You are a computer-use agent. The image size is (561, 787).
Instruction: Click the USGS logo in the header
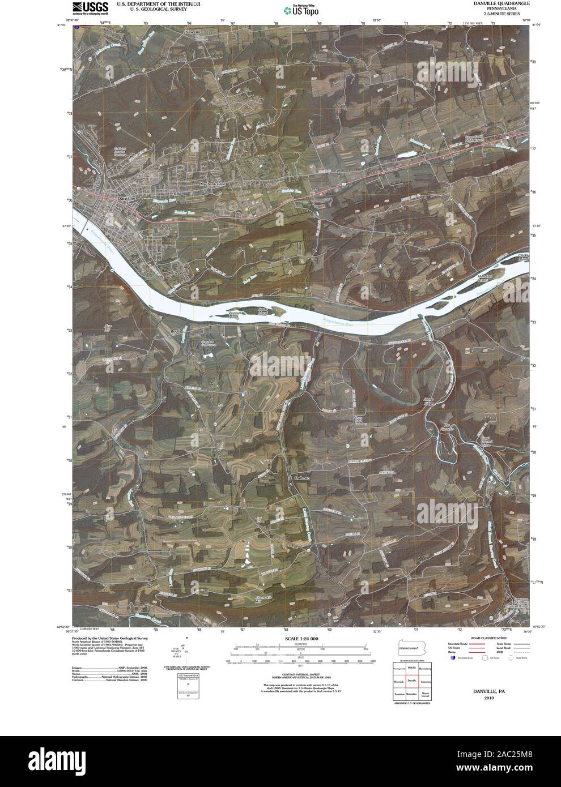pyautogui.click(x=90, y=7)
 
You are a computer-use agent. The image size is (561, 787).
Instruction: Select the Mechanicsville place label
pyautogui.click(x=212, y=185)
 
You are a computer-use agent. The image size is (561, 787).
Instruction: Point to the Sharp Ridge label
pyautogui.click(x=432, y=401)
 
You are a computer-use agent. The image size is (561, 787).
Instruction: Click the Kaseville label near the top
pyautogui.click(x=194, y=32)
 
